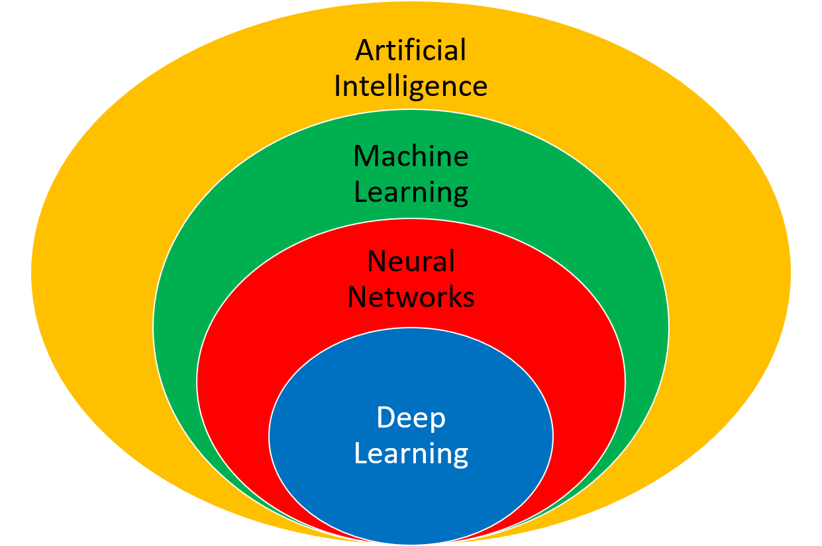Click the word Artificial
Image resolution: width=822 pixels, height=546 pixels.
click(411, 51)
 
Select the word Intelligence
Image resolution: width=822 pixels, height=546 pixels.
click(411, 87)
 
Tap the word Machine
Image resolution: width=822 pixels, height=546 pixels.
click(411, 157)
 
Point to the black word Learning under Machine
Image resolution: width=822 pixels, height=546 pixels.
click(411, 193)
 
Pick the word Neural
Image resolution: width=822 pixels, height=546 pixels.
click(411, 261)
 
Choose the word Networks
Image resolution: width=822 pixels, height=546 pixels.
click(411, 297)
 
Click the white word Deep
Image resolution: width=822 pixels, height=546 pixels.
click(411, 418)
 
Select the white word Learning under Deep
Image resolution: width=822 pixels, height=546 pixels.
click(411, 454)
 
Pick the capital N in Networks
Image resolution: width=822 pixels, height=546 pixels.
click(358, 297)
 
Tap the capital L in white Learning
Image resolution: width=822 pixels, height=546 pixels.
click(360, 454)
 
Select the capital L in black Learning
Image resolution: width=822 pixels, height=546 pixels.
click(360, 193)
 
